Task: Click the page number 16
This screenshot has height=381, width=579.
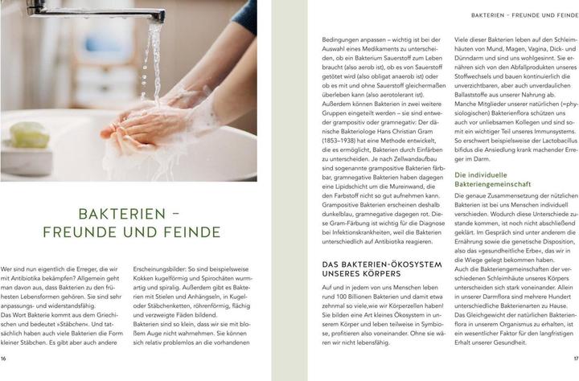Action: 4,358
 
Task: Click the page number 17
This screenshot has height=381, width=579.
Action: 575,358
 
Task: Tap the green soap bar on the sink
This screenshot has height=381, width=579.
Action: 29,134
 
